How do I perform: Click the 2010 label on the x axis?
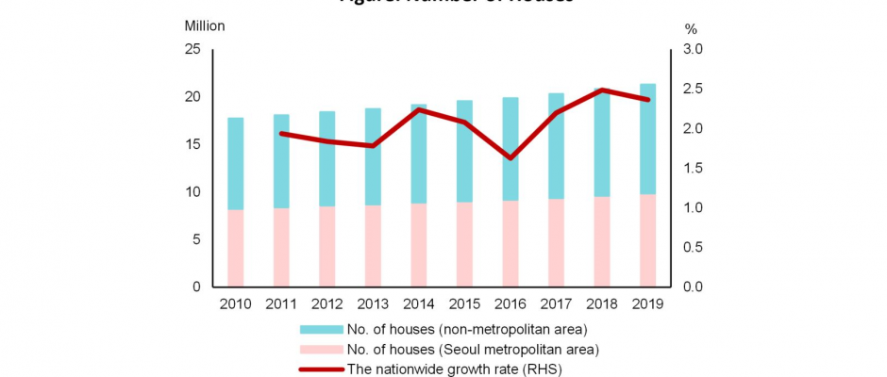[235, 303]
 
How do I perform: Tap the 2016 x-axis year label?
[510, 303]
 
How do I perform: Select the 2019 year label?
[647, 303]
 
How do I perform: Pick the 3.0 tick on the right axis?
[693, 49]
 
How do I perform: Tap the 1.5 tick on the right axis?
[693, 168]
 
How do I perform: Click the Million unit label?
[205, 26]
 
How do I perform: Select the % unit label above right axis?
[690, 29]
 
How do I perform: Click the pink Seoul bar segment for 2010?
[235, 248]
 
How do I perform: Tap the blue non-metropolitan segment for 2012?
[326, 158]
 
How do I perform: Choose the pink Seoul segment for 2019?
[647, 240]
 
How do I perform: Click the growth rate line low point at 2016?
[510, 157]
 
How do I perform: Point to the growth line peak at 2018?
[601, 90]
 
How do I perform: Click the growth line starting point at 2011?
[281, 134]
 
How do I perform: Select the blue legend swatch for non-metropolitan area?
[321, 329]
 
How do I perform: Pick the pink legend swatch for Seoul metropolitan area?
[321, 349]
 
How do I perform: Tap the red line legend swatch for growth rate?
[321, 369]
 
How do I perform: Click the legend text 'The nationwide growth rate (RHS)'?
[455, 369]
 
